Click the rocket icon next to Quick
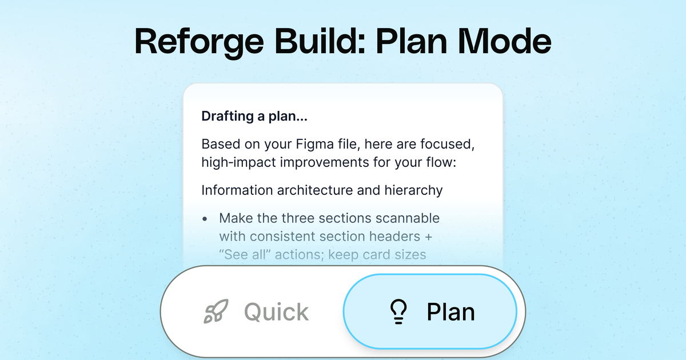click(x=217, y=312)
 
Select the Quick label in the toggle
click(x=276, y=312)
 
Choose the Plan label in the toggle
click(x=450, y=312)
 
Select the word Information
click(x=235, y=190)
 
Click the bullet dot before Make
click(x=206, y=219)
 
